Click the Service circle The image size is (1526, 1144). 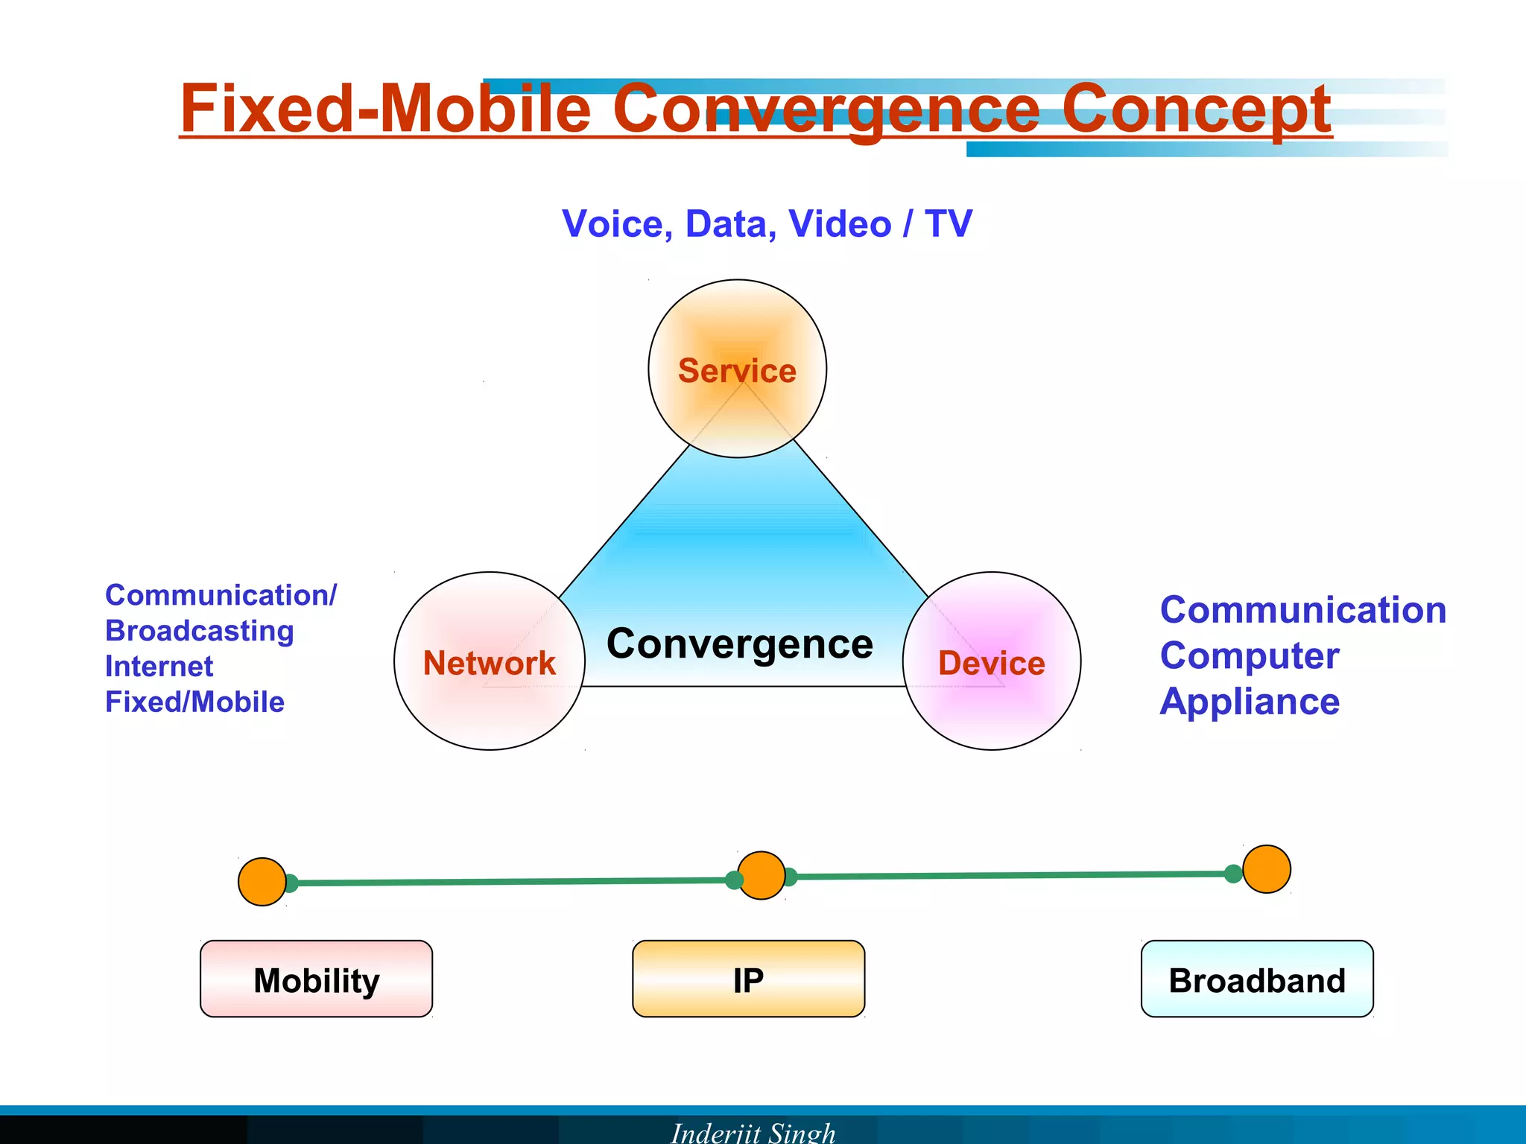(x=737, y=369)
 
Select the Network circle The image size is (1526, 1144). (x=489, y=661)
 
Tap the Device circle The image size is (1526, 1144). (x=991, y=661)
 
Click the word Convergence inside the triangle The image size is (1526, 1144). (x=739, y=644)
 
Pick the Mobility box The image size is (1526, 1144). (x=316, y=979)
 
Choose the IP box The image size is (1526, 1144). (x=748, y=979)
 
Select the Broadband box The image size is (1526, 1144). (x=1256, y=979)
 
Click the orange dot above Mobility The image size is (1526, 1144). (x=262, y=882)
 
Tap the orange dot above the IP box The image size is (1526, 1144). (x=761, y=875)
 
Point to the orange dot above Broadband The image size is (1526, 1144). (x=1266, y=868)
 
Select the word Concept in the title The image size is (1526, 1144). (x=1195, y=109)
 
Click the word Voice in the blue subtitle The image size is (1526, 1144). (x=617, y=224)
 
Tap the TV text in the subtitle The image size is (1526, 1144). (x=948, y=223)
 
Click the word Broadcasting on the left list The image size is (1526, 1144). (x=199, y=631)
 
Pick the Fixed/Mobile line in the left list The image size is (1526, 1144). (x=194, y=702)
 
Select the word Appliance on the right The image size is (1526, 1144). (x=1250, y=702)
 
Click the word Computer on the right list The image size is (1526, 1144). (x=1250, y=655)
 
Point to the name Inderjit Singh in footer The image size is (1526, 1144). (x=753, y=1132)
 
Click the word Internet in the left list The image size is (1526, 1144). (x=159, y=666)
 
